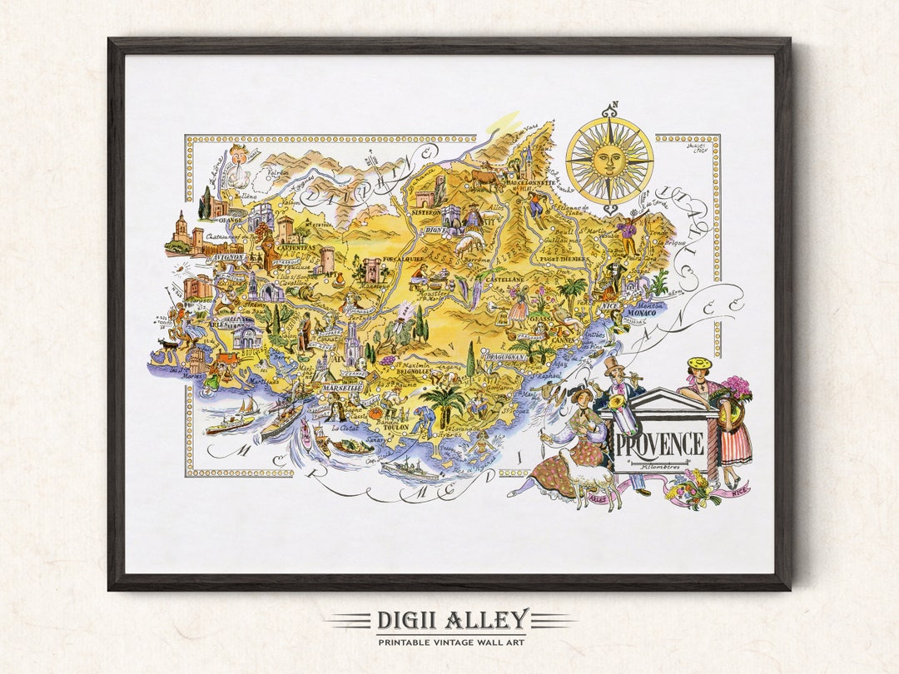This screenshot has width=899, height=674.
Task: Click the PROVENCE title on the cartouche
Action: [661, 444]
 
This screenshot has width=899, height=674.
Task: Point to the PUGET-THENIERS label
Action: [564, 259]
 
